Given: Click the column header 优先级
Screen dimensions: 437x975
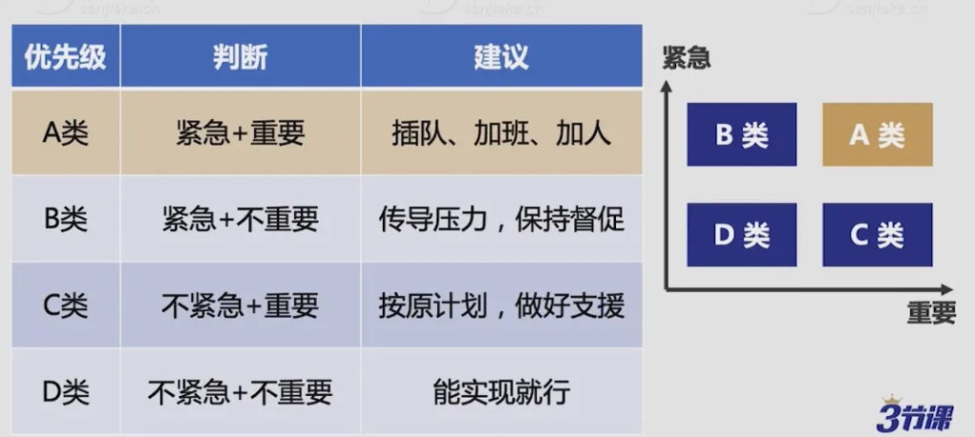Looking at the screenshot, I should click(x=66, y=56).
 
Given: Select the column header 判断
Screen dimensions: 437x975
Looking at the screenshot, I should click(x=240, y=56).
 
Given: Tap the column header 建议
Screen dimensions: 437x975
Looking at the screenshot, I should click(x=501, y=56).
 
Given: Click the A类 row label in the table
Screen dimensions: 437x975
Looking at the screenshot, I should click(x=66, y=132).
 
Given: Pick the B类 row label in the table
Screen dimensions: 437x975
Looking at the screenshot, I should click(x=66, y=219).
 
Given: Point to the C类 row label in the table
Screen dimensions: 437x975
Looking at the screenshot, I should click(x=66, y=305).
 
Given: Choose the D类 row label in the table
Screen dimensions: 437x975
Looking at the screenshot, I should click(x=66, y=390).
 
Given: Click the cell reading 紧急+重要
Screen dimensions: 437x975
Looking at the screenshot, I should click(x=240, y=132).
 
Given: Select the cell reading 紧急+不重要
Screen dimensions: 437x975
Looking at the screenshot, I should click(x=240, y=219).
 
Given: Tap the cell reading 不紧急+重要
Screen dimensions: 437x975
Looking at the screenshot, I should click(x=240, y=305).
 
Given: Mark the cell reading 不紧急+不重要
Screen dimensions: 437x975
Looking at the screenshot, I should click(x=240, y=390).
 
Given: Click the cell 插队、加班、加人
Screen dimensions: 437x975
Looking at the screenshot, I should click(x=501, y=132).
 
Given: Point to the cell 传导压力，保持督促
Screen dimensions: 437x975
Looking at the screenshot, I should click(x=501, y=219).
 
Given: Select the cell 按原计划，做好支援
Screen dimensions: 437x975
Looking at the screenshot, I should click(x=501, y=305).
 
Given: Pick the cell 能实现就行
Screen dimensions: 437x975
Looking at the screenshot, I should click(x=501, y=390).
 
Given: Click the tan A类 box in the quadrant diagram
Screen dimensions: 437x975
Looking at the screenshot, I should click(x=877, y=134).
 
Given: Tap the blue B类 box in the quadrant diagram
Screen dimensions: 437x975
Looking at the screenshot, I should click(x=742, y=134).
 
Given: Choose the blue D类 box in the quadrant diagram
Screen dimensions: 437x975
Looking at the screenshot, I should click(x=742, y=234).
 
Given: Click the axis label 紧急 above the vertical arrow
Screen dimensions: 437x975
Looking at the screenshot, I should click(x=686, y=59).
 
